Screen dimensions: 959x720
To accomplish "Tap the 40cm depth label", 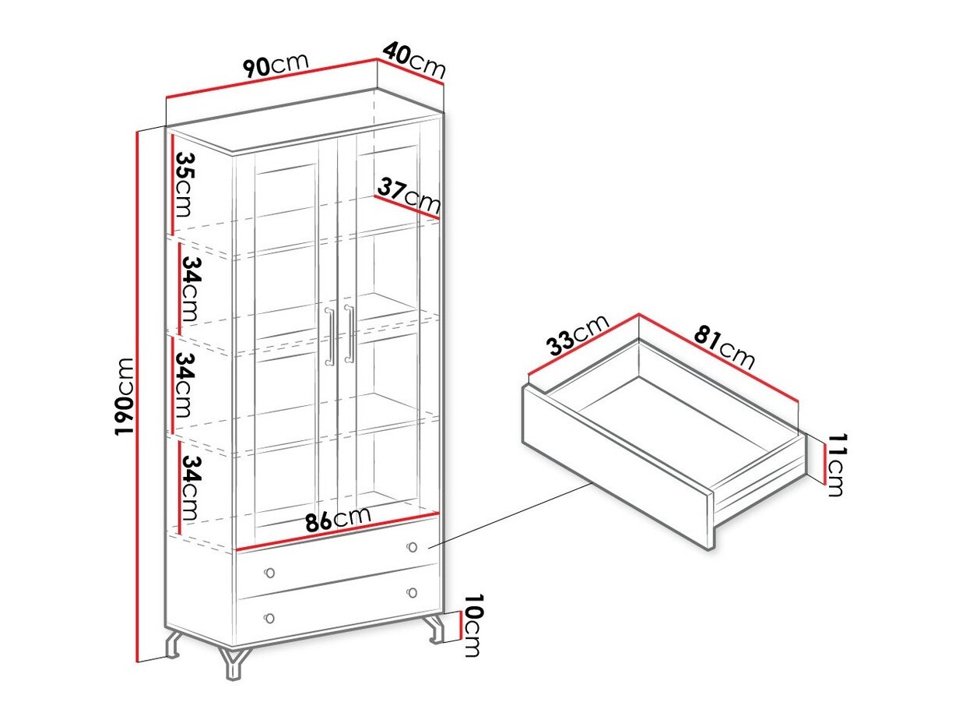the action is pos(414,60).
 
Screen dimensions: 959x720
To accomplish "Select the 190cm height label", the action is pos(124,397).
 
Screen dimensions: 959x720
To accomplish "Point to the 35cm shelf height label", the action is pos(184,185).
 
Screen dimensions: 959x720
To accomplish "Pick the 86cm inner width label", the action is pos(338,518).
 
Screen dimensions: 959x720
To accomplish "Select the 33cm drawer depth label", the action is pos(577,335).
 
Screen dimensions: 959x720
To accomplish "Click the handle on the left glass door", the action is pos(329,336).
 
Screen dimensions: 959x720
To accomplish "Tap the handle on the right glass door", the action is pos(349,334).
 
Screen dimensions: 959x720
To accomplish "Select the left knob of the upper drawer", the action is pos(269,573).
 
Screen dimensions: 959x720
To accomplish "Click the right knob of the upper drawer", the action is pos(412,546).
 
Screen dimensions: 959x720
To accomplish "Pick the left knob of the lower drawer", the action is pos(269,618).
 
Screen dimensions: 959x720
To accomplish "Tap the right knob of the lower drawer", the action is pos(412,592).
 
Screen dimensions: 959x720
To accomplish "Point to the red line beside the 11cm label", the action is pos(824,464).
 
